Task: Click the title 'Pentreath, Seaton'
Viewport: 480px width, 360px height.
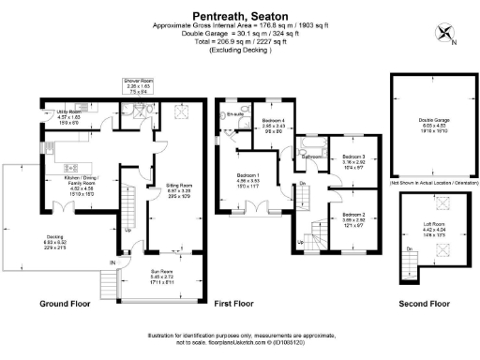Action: tap(240, 16)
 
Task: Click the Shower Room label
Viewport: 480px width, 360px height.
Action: tap(139, 86)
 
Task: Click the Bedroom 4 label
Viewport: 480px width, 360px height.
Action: tap(273, 125)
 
